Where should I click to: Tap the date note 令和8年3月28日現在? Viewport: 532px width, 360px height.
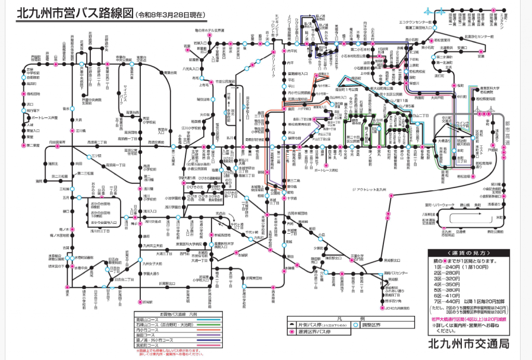point(169,14)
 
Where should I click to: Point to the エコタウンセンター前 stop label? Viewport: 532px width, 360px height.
point(416,23)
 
